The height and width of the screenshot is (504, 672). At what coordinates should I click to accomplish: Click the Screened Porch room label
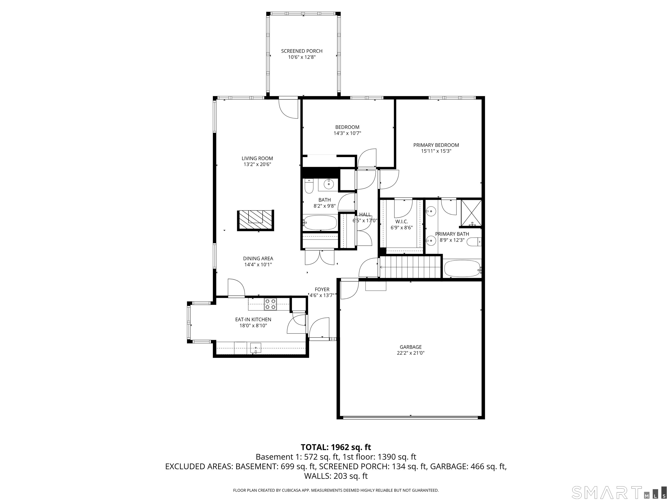(301, 51)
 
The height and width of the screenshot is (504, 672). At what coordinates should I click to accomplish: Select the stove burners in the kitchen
(270, 304)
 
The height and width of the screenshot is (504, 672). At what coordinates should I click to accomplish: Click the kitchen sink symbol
(256, 348)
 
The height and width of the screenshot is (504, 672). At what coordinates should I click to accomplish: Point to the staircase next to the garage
(410, 267)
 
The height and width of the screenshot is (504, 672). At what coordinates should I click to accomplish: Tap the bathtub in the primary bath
(462, 268)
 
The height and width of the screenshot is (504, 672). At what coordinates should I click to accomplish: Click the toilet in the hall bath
(309, 186)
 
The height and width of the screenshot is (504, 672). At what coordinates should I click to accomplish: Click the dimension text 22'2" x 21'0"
(410, 353)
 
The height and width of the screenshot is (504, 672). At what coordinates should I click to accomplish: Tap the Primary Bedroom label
(436, 145)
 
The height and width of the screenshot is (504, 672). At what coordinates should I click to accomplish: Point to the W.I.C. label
(401, 222)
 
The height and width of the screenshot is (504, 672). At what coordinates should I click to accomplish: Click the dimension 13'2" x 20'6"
(257, 164)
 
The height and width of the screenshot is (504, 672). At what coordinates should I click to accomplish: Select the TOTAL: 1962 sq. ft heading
(336, 447)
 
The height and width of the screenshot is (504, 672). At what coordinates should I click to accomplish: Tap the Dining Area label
(258, 259)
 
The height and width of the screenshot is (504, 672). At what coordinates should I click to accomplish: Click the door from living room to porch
(289, 108)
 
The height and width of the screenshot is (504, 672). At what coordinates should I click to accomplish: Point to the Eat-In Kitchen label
(253, 320)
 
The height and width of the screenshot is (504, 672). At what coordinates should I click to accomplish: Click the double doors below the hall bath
(320, 257)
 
